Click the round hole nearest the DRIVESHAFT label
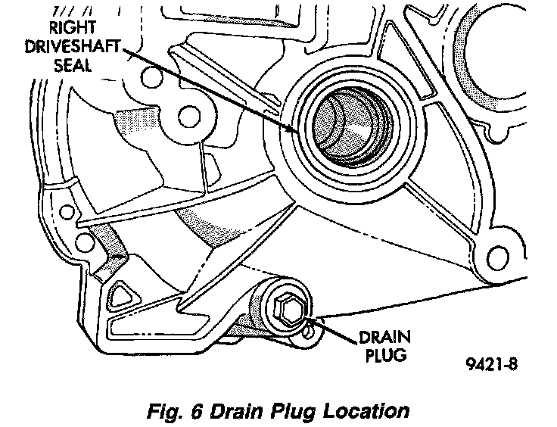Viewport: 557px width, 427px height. [184, 117]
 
